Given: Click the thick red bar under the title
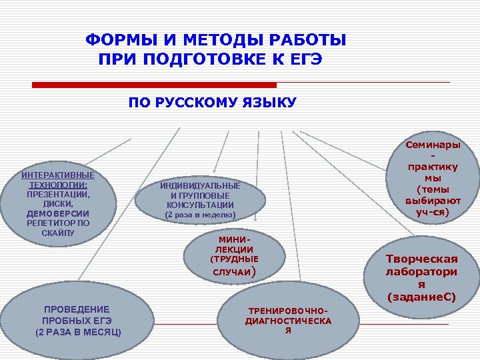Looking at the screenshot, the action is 155,85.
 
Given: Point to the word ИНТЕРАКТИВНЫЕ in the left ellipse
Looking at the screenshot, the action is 57,175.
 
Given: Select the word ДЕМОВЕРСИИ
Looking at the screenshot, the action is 57,213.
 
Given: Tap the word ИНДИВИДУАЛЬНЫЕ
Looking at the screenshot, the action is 200,186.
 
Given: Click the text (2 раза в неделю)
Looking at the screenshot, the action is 200,215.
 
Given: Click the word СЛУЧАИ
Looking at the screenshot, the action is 230,272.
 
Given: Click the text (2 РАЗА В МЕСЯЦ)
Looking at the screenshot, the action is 78,331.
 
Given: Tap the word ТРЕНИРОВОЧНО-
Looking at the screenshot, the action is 288,311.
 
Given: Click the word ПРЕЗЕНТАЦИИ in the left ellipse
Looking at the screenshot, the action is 57,194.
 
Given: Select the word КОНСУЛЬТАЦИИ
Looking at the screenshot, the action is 200,205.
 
